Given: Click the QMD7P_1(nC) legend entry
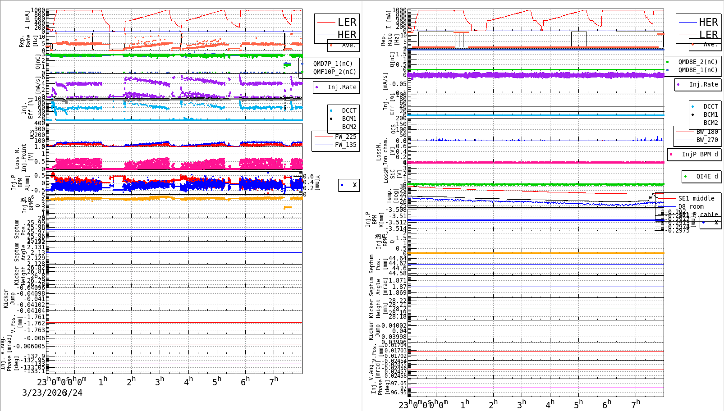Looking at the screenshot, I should (333, 64).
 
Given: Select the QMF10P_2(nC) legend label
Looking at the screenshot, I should (334, 72).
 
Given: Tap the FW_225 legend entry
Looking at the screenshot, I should (345, 137).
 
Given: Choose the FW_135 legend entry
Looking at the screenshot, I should (345, 145).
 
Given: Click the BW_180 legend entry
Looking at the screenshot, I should (706, 132).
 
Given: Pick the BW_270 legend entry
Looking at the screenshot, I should (706, 140).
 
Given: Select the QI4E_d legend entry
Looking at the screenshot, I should (706, 176).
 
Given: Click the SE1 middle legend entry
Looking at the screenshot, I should (696, 198).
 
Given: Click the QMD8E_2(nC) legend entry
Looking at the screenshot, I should (697, 62).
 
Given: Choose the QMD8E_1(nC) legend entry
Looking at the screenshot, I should (697, 70).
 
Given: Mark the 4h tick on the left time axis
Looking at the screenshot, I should (188, 381).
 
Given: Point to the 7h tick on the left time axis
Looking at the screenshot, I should (274, 381).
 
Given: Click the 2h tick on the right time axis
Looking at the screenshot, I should (493, 404).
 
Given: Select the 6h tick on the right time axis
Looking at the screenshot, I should (607, 404).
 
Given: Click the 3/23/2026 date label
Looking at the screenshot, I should (44, 393).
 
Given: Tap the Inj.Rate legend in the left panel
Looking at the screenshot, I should (342, 87).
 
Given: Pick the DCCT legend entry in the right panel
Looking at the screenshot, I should (710, 107).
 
